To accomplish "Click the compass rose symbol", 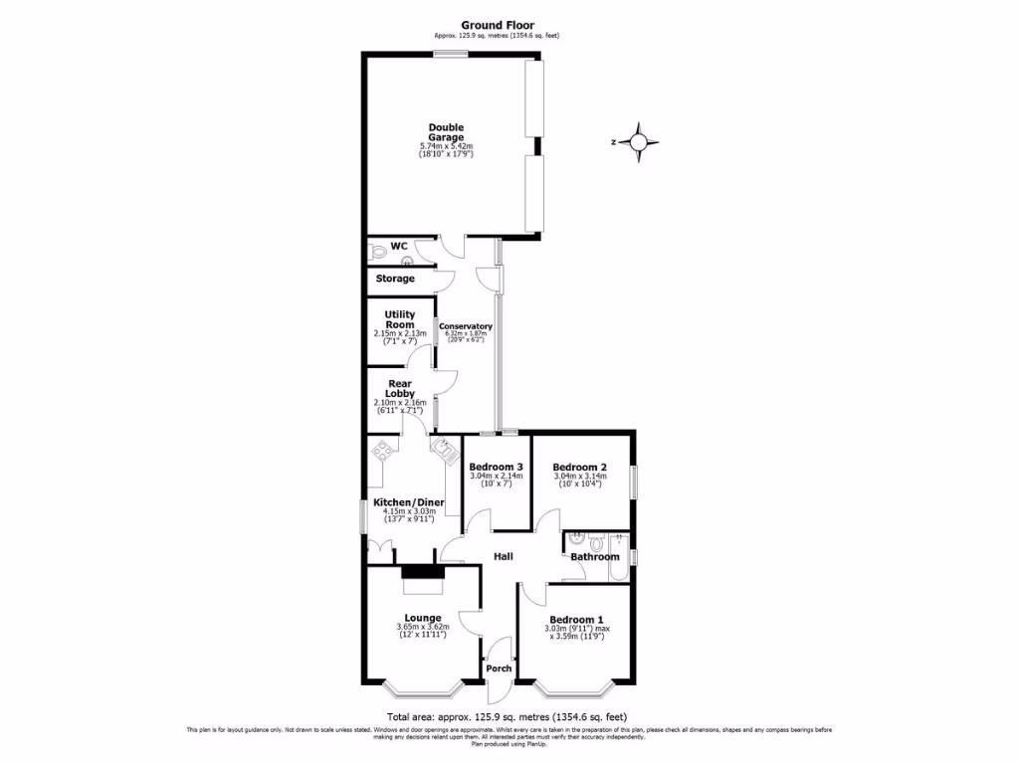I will (x=638, y=142).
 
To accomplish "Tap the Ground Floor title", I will (x=498, y=25).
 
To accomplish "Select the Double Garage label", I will (x=446, y=132).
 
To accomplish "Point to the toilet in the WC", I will (x=376, y=252).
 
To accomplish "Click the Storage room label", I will (x=395, y=279).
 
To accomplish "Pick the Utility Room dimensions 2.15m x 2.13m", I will (x=400, y=333).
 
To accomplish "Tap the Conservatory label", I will (x=466, y=326).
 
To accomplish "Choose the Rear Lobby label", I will (x=399, y=387).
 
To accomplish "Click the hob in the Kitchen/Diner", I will (x=382, y=451).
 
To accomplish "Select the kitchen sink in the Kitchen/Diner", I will (x=441, y=449).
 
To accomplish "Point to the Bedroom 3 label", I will (x=496, y=468).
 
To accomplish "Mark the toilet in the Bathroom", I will (x=595, y=542).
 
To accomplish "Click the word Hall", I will (x=504, y=557).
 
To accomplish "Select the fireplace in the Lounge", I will (x=418, y=571).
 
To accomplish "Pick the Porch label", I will (x=498, y=668).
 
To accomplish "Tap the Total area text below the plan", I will (x=507, y=716).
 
